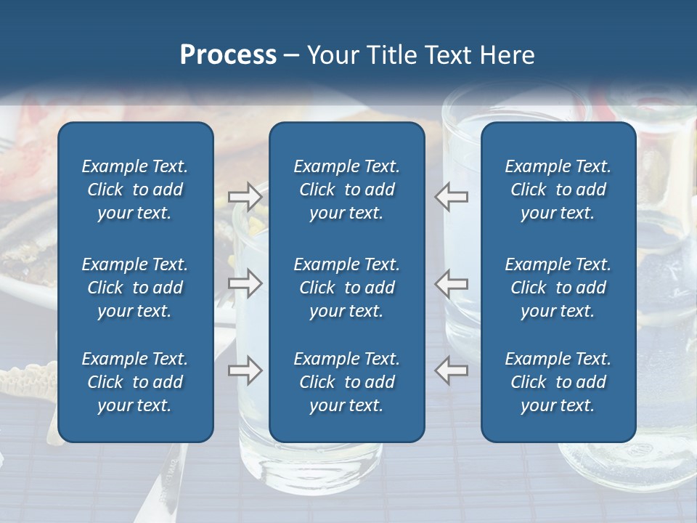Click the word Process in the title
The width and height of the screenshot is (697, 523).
pyautogui.click(x=228, y=54)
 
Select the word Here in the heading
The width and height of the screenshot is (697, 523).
pyautogui.click(x=508, y=54)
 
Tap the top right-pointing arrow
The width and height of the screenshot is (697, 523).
pyautogui.click(x=245, y=196)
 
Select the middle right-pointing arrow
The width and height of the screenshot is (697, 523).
pyautogui.click(x=245, y=284)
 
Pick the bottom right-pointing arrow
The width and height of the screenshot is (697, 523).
pyautogui.click(x=245, y=371)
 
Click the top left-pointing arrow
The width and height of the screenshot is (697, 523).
pyautogui.click(x=451, y=196)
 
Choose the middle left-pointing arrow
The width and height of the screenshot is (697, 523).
pyautogui.click(x=451, y=284)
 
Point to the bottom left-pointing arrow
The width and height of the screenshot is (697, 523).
pyautogui.click(x=451, y=371)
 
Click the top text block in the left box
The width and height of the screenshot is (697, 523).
pyautogui.click(x=135, y=190)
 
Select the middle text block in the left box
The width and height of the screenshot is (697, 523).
pyautogui.click(x=135, y=288)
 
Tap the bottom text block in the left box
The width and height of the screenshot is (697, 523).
pyautogui.click(x=135, y=382)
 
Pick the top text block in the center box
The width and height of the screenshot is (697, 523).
pyautogui.click(x=347, y=190)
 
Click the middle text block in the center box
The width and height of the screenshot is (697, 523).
pyautogui.click(x=347, y=288)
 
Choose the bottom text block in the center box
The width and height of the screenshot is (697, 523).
pyautogui.click(x=347, y=382)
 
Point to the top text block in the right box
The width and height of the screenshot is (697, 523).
pyautogui.click(x=558, y=190)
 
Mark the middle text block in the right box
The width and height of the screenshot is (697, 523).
pyautogui.click(x=558, y=288)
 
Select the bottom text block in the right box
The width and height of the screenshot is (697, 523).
pyautogui.click(x=558, y=382)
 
